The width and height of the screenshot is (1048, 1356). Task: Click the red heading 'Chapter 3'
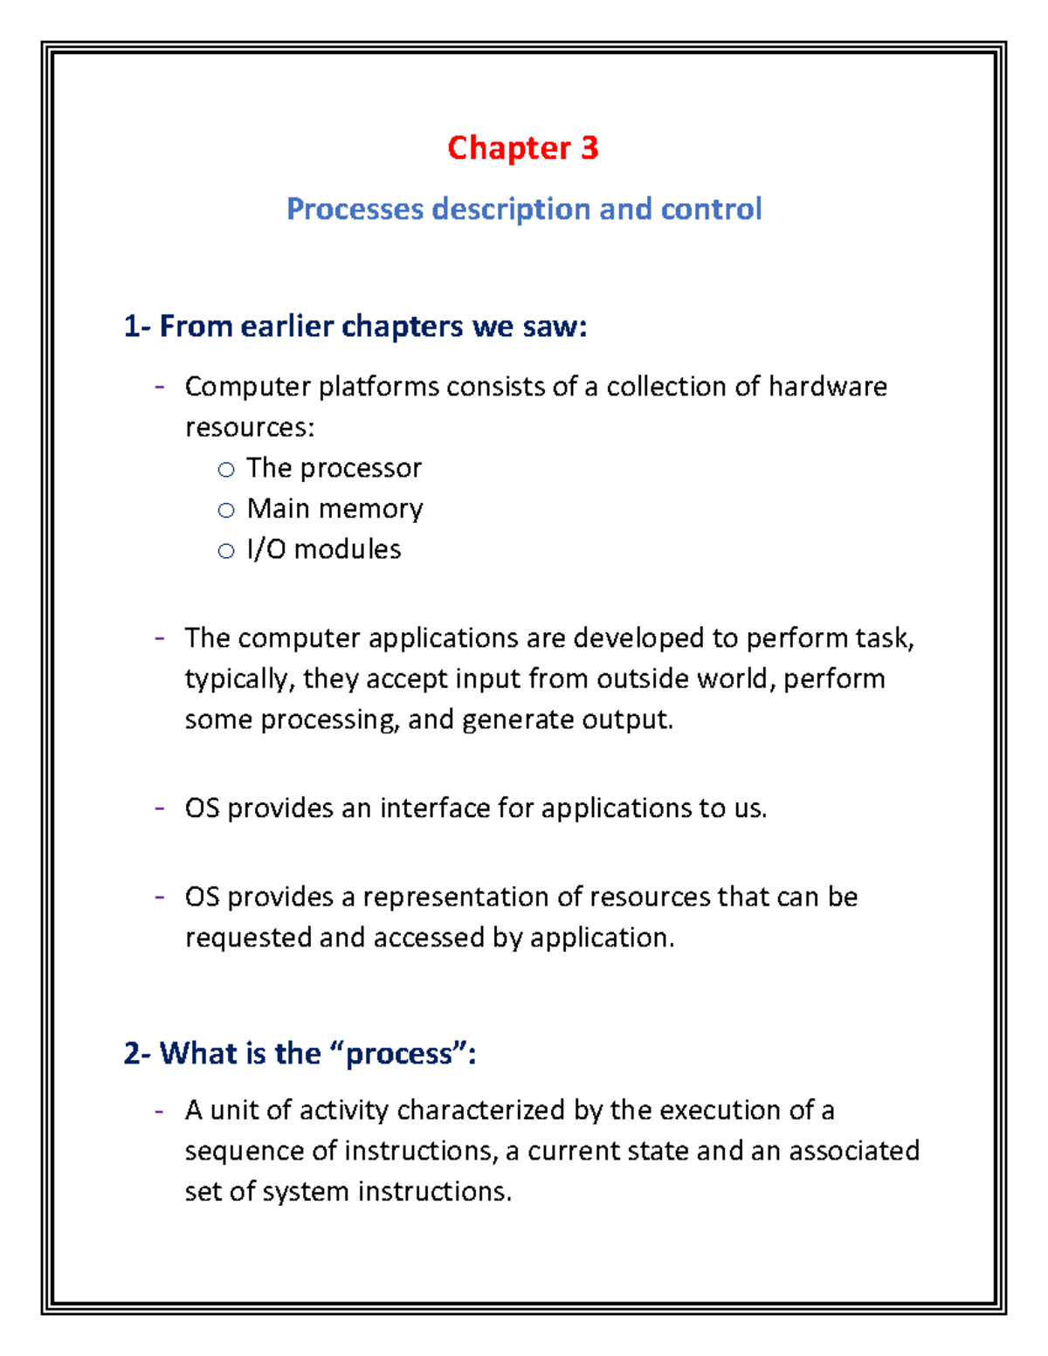click(522, 148)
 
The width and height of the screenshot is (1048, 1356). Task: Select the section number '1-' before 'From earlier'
click(137, 327)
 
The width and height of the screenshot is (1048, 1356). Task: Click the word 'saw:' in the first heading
click(555, 327)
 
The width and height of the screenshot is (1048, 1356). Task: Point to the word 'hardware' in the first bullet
click(827, 386)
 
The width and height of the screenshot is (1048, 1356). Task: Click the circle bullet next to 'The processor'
click(226, 470)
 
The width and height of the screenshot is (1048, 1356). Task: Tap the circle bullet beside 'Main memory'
click(226, 510)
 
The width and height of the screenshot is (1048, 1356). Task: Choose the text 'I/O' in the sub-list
click(265, 549)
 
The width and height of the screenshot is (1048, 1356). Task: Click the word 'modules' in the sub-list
click(348, 549)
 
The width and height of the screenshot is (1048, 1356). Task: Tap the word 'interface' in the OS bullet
click(434, 809)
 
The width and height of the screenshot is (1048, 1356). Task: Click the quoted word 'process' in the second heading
click(400, 1054)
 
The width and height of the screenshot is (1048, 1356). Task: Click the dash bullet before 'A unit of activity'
click(159, 1111)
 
